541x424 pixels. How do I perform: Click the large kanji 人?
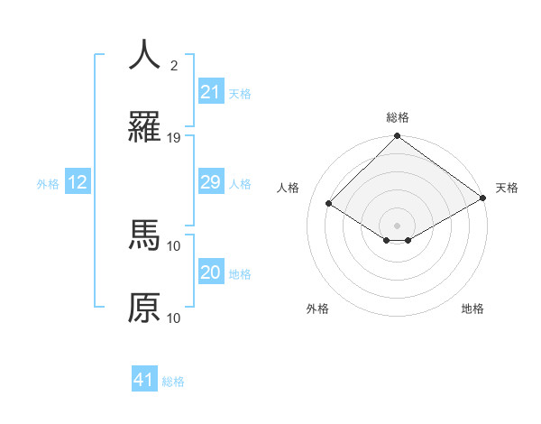[144, 55]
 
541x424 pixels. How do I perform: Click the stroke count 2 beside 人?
[174, 66]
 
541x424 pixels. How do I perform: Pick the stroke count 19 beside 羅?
[174, 138]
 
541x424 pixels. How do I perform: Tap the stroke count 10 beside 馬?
[174, 245]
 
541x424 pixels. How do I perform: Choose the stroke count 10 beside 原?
[174, 318]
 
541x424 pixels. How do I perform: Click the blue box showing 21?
[210, 92]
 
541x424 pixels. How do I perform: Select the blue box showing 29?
[210, 182]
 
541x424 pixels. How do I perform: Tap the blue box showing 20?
[210, 272]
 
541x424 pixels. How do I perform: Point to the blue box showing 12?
[78, 182]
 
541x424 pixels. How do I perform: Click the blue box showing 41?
[144, 380]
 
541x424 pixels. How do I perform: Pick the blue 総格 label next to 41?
[173, 382]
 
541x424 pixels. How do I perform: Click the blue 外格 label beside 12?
[48, 184]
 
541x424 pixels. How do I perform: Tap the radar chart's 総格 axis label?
[398, 117]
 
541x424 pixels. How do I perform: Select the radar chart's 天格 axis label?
[507, 188]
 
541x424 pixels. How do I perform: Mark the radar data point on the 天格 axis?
[483, 199]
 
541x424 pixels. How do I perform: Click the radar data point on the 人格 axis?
[329, 204]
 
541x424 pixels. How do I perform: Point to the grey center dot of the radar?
[398, 225]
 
